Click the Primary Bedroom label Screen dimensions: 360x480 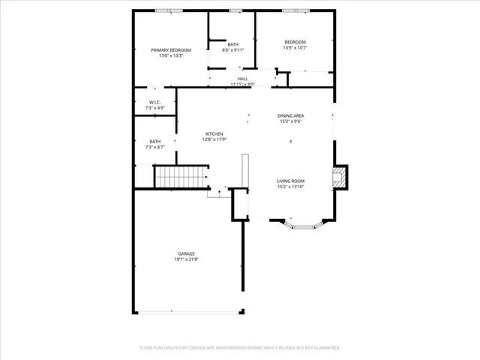tap(170, 49)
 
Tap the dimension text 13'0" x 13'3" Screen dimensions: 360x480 tap(170, 55)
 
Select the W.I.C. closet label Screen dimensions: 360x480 tap(154, 103)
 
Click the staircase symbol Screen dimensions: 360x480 tap(179, 177)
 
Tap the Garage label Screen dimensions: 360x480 tap(187, 253)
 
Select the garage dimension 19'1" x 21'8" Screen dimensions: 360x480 tap(187, 259)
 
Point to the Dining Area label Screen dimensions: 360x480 tap(290, 115)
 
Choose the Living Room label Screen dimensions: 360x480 tap(290, 180)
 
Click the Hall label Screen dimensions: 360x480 tap(242, 78)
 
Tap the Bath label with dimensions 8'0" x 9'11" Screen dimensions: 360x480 tap(233, 44)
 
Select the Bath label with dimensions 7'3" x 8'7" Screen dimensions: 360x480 tap(154, 141)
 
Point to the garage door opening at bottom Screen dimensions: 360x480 tap(187, 311)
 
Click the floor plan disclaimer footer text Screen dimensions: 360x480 tap(240, 348)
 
